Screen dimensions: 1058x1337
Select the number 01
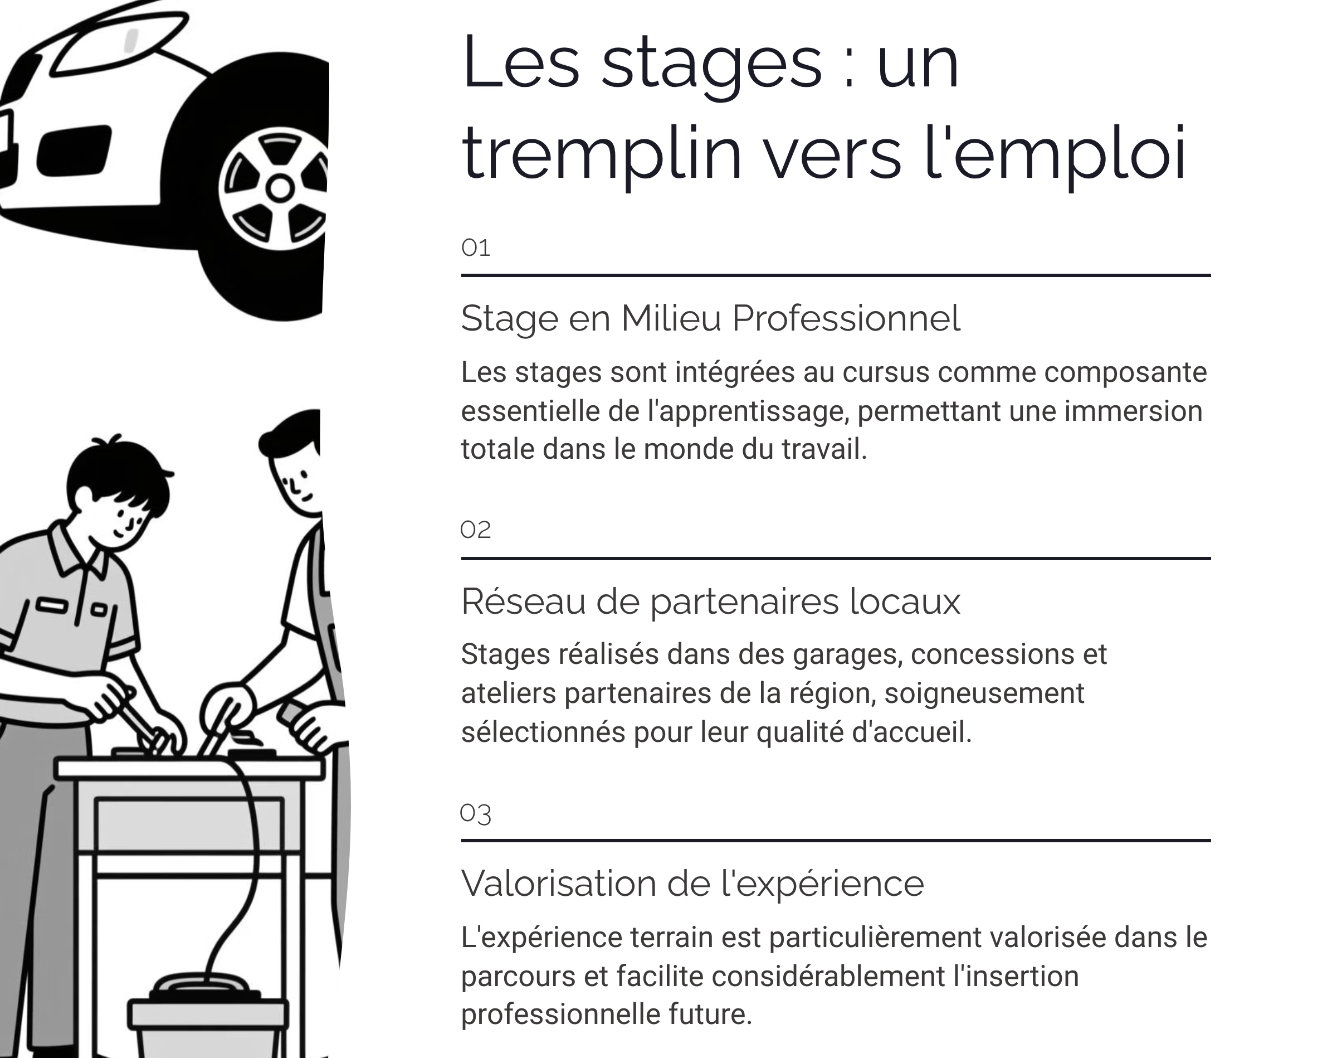pyautogui.click(x=475, y=247)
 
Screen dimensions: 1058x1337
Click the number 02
pyautogui.click(x=475, y=530)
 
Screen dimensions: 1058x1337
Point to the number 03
pyautogui.click(x=475, y=813)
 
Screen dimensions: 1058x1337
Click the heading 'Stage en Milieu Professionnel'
pyautogui.click(x=710, y=318)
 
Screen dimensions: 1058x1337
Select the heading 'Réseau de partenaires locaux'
pyautogui.click(x=710, y=601)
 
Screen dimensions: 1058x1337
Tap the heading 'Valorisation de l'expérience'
pyautogui.click(x=692, y=884)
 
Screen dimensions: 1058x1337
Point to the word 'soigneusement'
pyautogui.click(x=984, y=693)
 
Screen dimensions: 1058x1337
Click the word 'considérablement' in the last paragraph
pyautogui.click(x=828, y=976)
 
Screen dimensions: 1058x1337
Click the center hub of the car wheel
pyautogui.click(x=280, y=188)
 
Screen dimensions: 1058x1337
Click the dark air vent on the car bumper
pyautogui.click(x=74, y=151)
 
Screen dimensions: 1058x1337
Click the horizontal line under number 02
pyautogui.click(x=835, y=558)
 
